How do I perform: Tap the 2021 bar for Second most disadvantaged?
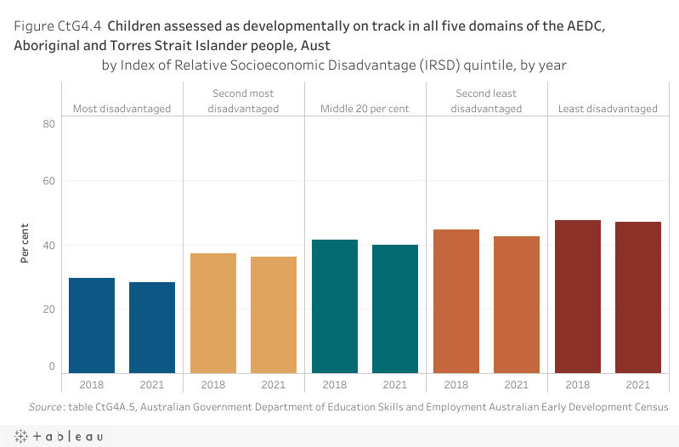[x=274, y=314]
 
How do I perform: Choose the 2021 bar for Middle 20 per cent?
[x=395, y=308]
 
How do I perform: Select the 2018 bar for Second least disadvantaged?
[x=456, y=301]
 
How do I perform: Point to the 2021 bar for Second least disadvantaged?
[x=517, y=304]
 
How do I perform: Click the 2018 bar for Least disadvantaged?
[x=578, y=297]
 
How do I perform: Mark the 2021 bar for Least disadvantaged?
[x=638, y=297]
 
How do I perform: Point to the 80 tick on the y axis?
[x=49, y=124]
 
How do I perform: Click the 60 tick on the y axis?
[x=49, y=181]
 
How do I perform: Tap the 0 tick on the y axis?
[x=52, y=367]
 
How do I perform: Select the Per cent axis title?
[x=25, y=244]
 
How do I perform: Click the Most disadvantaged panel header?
[x=122, y=109]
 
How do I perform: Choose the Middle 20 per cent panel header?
[x=365, y=109]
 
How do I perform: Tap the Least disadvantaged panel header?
[x=608, y=109]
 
